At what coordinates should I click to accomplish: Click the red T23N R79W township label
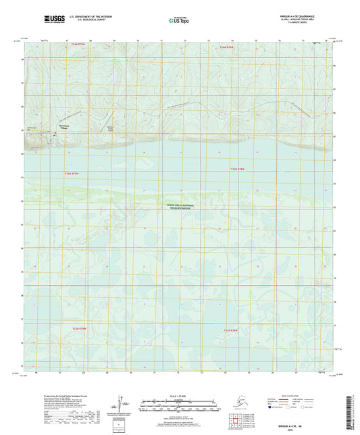click(x=72, y=174)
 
